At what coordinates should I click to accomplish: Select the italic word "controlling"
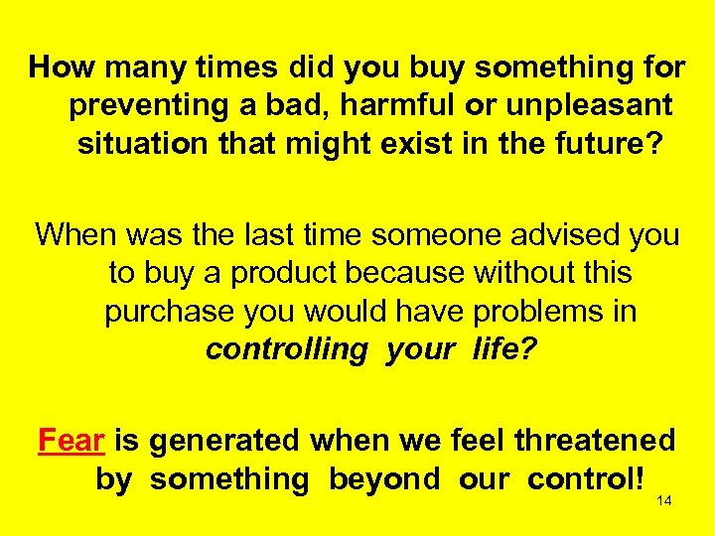tap(286, 348)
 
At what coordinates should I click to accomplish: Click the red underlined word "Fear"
tap(72, 440)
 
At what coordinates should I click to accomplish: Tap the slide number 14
tap(664, 502)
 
